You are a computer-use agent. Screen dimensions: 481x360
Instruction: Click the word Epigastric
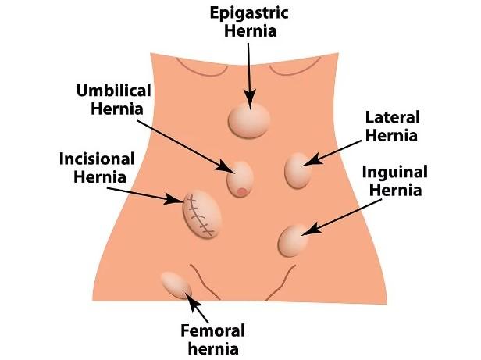[249, 14]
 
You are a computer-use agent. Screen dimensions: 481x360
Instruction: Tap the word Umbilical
[113, 91]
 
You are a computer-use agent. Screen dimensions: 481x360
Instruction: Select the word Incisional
[97, 159]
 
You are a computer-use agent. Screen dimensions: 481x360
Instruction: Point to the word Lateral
[392, 118]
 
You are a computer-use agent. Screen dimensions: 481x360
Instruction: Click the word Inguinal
[395, 173]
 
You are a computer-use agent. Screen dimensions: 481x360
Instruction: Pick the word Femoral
[212, 331]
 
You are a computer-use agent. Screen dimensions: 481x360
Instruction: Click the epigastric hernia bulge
[249, 120]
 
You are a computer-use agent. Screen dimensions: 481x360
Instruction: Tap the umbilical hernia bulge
[240, 180]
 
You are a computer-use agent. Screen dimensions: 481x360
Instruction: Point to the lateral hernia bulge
[298, 171]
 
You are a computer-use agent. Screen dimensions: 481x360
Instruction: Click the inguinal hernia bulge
[294, 241]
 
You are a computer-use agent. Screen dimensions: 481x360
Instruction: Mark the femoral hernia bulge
[176, 285]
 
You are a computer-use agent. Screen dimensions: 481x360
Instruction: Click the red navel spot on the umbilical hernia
[242, 192]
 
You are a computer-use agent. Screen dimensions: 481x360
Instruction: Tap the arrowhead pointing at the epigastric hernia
[250, 99]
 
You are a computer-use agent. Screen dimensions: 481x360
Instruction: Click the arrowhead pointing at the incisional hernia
[173, 199]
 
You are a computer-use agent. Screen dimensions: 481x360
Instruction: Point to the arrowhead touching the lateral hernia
[312, 160]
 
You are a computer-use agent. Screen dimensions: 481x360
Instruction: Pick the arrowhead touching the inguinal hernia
[312, 230]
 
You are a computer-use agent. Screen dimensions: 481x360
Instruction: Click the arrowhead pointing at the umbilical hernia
[225, 167]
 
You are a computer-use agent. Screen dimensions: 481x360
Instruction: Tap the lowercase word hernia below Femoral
[213, 349]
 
